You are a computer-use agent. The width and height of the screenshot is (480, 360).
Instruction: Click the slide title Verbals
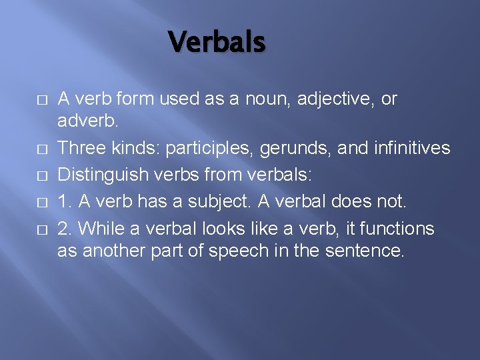click(217, 41)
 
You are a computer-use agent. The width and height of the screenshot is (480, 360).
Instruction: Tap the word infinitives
click(409, 147)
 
